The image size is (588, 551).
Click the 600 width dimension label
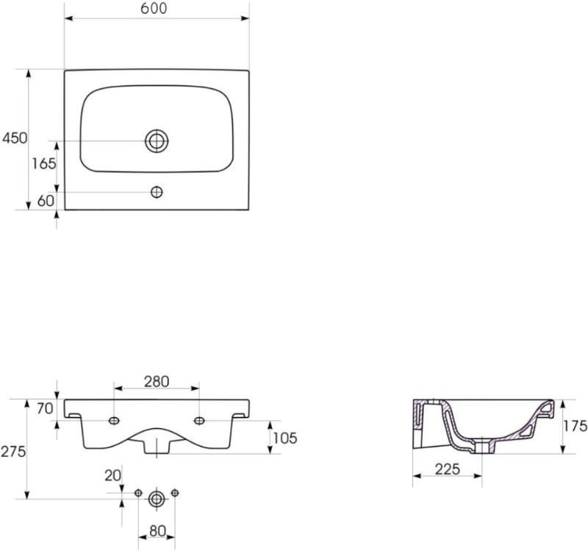(154, 9)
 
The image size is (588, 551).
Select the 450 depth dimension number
(15, 138)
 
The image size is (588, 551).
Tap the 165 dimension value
(44, 163)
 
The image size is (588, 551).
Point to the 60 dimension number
(46, 201)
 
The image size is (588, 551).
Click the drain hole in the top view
(157, 141)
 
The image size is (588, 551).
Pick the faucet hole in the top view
(157, 192)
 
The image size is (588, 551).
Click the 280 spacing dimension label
(157, 382)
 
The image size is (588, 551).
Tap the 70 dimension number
(45, 409)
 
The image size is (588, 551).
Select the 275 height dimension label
(13, 451)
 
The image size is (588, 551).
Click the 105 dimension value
(285, 438)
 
